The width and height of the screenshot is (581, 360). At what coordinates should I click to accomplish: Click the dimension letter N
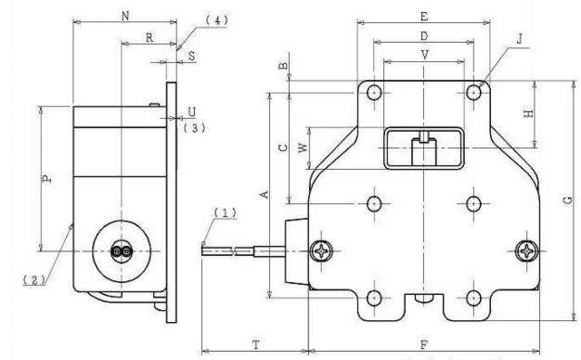125,17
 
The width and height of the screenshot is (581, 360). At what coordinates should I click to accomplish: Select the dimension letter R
149,38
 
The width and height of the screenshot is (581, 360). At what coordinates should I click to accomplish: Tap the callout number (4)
217,20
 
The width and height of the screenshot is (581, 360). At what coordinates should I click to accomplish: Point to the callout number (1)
226,212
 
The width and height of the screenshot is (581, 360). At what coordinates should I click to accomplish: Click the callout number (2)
34,280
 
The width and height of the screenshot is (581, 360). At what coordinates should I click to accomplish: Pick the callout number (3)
194,128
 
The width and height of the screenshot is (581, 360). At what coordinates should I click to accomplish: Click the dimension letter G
568,200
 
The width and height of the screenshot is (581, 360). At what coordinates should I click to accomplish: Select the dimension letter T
256,345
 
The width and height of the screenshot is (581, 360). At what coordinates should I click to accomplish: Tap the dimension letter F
424,345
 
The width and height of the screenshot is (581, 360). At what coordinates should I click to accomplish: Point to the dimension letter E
424,17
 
